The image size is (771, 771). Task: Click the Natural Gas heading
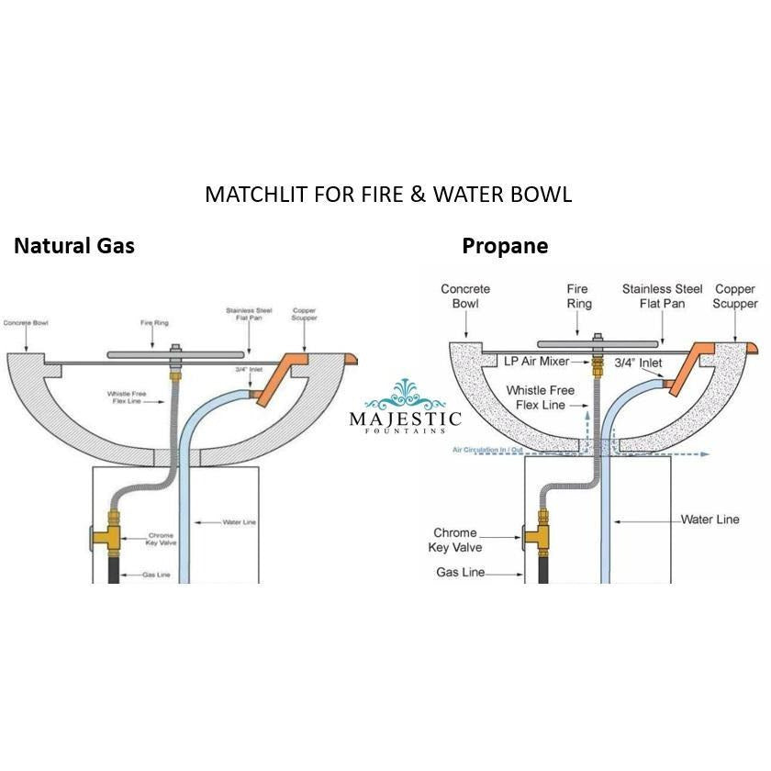(73, 246)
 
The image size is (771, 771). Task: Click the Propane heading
(505, 246)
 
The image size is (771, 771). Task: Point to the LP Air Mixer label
(538, 363)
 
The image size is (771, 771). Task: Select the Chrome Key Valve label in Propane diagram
(455, 540)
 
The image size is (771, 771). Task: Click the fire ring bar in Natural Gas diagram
(176, 352)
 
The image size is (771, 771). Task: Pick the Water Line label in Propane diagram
(710, 520)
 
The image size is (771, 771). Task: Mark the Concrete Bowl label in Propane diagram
(465, 296)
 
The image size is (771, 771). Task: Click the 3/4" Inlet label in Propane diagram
(637, 363)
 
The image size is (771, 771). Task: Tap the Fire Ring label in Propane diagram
(579, 296)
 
